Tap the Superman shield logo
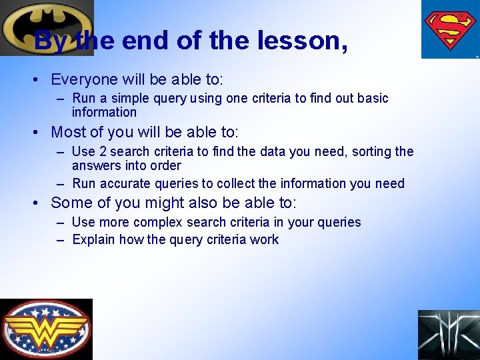449,30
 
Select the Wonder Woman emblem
46,329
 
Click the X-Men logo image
448,335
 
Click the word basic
373,99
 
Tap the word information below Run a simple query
104,113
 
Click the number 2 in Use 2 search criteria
103,152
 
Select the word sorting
369,152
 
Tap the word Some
70,203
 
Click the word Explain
94,240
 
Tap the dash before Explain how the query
61,240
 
